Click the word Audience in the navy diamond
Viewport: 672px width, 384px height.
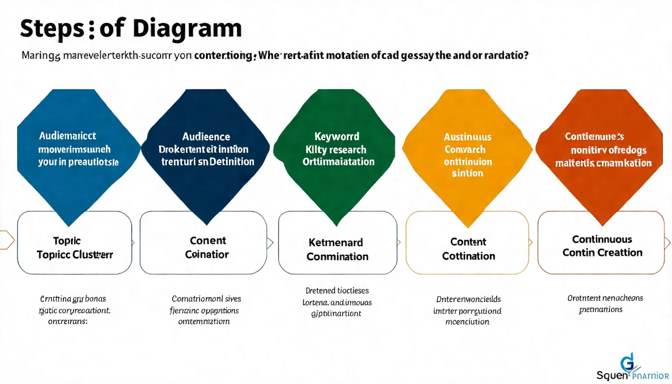(206, 136)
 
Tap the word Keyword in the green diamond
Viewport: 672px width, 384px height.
(336, 136)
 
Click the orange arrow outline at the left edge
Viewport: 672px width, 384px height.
(6, 240)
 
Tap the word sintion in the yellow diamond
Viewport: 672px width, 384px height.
(467, 173)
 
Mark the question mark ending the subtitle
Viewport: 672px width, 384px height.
(526, 55)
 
